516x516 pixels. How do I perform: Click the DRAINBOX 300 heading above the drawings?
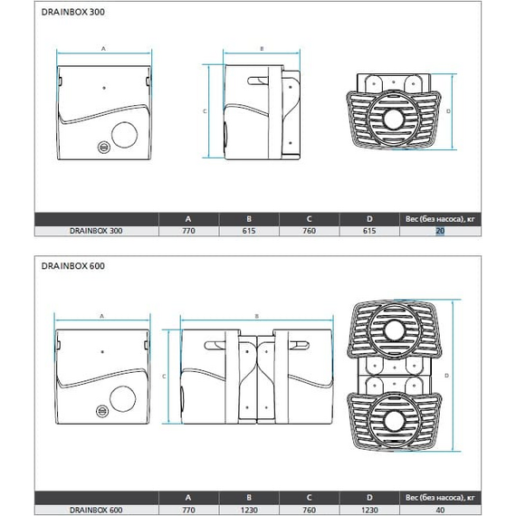pyautogui.click(x=73, y=12)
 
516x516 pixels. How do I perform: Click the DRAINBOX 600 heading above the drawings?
pyautogui.click(x=73, y=266)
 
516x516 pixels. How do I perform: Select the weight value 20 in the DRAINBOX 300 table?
pyautogui.click(x=440, y=231)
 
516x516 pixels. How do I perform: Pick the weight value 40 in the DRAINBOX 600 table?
pyautogui.click(x=440, y=510)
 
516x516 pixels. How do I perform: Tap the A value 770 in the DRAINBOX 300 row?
pyautogui.click(x=188, y=231)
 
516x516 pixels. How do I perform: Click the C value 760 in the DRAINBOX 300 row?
pyautogui.click(x=309, y=231)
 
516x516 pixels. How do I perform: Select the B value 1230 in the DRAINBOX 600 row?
pyautogui.click(x=249, y=510)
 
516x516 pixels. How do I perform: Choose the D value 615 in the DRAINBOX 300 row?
pyautogui.click(x=369, y=231)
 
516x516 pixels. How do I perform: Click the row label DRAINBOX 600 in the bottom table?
pyautogui.click(x=96, y=510)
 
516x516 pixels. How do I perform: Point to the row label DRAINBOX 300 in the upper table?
pyautogui.click(x=96, y=231)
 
